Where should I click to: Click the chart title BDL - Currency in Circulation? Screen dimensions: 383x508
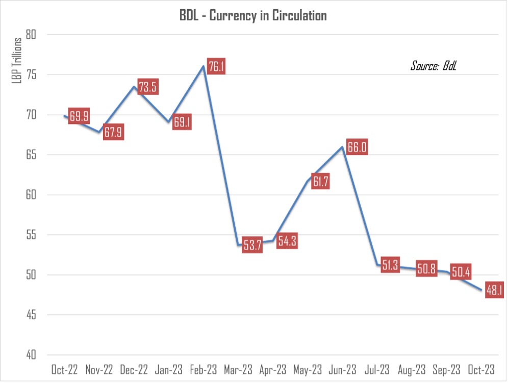pyautogui.click(x=252, y=15)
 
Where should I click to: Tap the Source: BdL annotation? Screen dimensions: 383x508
pyautogui.click(x=433, y=66)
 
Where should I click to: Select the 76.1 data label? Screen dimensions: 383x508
pyautogui.click(x=216, y=67)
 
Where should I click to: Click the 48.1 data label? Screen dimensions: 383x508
pyautogui.click(x=494, y=290)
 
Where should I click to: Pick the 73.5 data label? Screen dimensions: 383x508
pyautogui.click(x=147, y=87)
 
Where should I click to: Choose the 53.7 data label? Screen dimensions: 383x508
pyautogui.click(x=252, y=245)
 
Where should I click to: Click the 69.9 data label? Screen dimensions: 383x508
pyautogui.click(x=79, y=116)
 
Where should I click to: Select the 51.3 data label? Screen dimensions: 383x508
pyautogui.click(x=390, y=265)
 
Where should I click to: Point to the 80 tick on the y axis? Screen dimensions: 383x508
pyautogui.click(x=40, y=35)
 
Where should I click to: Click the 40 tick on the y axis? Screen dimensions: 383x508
pyautogui.click(x=40, y=355)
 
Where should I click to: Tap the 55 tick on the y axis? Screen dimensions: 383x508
pyautogui.click(x=40, y=235)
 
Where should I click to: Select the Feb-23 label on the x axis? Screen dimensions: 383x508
pyautogui.click(x=203, y=369)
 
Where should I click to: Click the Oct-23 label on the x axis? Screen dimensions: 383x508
pyautogui.click(x=480, y=369)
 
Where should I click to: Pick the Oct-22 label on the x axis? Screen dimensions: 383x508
pyautogui.click(x=64, y=369)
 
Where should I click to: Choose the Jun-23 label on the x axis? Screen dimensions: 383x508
pyautogui.click(x=342, y=369)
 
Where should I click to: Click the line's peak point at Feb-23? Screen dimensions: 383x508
pyautogui.click(x=204, y=66)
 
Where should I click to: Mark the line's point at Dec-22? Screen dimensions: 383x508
pyautogui.click(x=134, y=87)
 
